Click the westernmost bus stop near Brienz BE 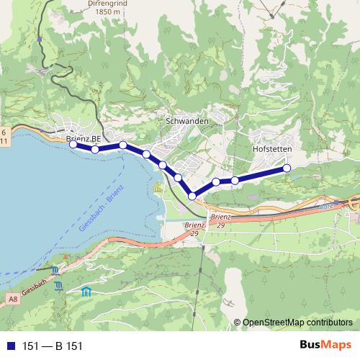(73, 144)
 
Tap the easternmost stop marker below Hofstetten (287, 168)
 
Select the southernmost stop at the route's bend (192, 196)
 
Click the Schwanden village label (187, 122)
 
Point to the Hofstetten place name (272, 149)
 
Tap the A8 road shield (13, 298)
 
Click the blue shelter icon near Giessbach (86, 292)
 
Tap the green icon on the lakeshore (158, 188)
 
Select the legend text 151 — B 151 (53, 346)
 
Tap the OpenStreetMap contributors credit (297, 322)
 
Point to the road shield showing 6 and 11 (4, 136)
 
